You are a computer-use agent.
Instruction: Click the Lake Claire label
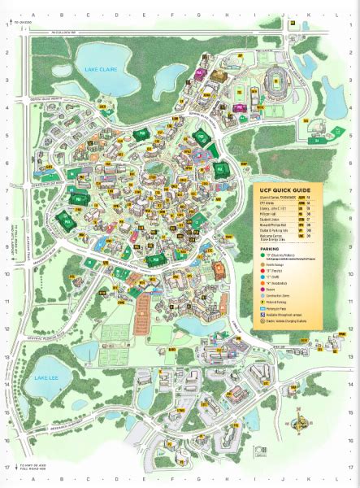[x=102, y=70]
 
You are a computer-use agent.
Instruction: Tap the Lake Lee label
[x=46, y=379]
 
